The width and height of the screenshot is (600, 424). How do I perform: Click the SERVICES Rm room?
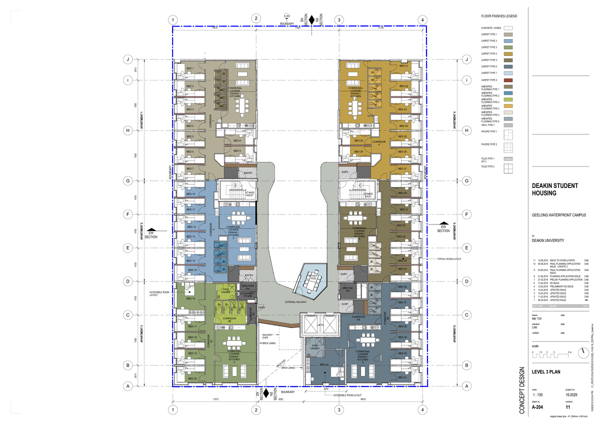pos(248,286)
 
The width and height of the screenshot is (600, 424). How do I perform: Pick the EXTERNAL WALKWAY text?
pos(295,302)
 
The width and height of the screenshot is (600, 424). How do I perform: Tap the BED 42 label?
pos(323,365)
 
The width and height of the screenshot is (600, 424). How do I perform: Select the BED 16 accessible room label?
pos(190,298)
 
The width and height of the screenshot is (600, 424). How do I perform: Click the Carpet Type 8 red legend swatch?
pos(508,80)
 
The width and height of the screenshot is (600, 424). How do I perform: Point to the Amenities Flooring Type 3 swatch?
pos(508,100)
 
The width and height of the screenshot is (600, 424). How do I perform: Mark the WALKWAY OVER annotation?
pos(268,335)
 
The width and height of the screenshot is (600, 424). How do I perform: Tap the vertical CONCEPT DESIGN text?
pos(522,390)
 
